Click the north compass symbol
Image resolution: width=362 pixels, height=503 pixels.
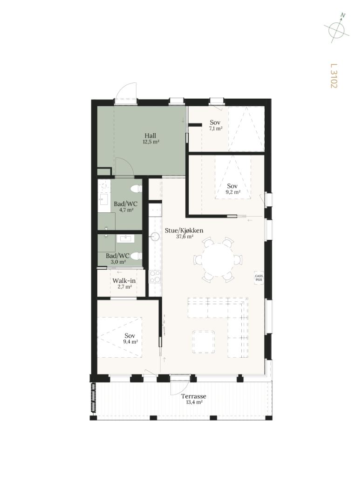pos(337,29)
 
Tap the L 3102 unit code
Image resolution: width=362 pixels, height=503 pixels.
pos(334,75)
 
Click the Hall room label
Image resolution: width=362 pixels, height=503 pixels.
pos(150,136)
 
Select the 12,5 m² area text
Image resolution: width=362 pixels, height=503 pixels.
pos(151,142)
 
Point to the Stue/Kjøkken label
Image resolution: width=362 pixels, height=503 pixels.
pos(184,231)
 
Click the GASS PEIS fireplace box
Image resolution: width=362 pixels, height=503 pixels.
pos(259,278)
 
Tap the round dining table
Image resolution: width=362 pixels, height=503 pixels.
pos(218,260)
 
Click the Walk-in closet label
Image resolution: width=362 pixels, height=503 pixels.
pos(124,281)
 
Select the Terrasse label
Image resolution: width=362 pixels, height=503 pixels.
pos(193,396)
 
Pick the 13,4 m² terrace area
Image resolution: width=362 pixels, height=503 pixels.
pos(193,402)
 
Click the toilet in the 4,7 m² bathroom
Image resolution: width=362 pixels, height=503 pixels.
pos(136,188)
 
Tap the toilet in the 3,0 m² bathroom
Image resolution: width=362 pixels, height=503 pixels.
pos(137,256)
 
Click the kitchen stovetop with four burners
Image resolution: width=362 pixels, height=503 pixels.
pos(155,277)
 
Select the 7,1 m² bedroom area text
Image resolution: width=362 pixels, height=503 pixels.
pos(216,129)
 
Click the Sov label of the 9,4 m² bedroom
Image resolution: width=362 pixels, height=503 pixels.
pos(130,336)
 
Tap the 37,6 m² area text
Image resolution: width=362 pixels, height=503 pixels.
pos(184,237)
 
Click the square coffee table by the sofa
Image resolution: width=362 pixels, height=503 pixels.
pos(204,342)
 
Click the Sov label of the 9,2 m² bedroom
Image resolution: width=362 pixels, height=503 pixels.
pos(232,186)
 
